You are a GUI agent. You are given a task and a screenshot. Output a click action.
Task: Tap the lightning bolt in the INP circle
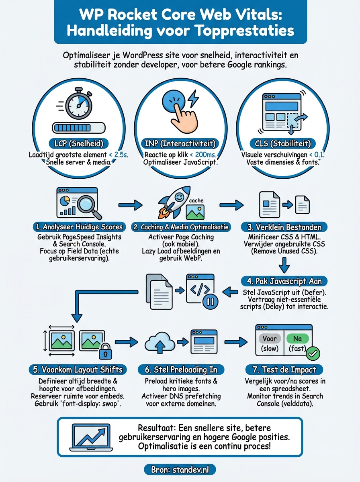(x=192, y=98)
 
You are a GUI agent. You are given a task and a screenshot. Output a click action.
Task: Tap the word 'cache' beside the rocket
(x=196, y=200)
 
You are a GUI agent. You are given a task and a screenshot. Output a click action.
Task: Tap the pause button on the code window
(x=209, y=302)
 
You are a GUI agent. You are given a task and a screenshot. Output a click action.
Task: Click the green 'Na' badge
(x=297, y=339)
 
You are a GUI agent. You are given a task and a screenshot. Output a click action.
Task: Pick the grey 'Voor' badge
(x=270, y=339)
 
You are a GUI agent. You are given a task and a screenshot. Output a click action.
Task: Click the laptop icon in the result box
(x=90, y=437)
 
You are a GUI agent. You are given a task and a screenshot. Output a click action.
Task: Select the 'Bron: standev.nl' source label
(x=180, y=469)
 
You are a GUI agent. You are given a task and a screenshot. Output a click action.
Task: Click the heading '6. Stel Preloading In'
(x=180, y=369)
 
